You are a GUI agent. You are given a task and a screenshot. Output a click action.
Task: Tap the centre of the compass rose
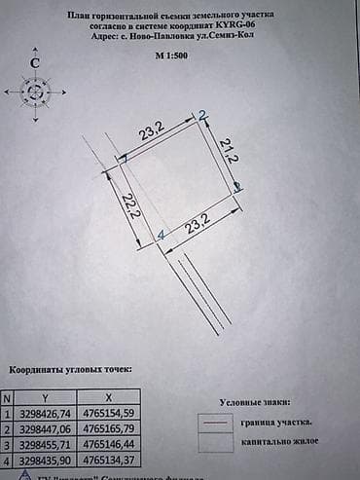35,92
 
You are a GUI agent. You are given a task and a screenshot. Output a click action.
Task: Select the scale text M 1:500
174,57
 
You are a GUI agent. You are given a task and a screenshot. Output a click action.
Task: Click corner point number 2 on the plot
203,115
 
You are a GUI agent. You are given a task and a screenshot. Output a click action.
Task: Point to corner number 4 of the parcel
162,236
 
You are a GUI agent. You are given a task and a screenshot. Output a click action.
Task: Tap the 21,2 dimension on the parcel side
229,150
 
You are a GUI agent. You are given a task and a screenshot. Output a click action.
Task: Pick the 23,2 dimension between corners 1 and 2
152,128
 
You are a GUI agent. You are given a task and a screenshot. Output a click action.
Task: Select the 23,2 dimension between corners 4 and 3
198,226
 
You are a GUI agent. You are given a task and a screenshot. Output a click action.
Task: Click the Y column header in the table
46,398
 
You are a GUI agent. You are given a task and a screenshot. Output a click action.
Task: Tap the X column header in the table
108,398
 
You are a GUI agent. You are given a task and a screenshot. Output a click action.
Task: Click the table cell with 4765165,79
108,427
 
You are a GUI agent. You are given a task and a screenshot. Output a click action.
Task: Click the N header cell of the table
8,398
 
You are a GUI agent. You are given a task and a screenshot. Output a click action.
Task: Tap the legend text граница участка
278,423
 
